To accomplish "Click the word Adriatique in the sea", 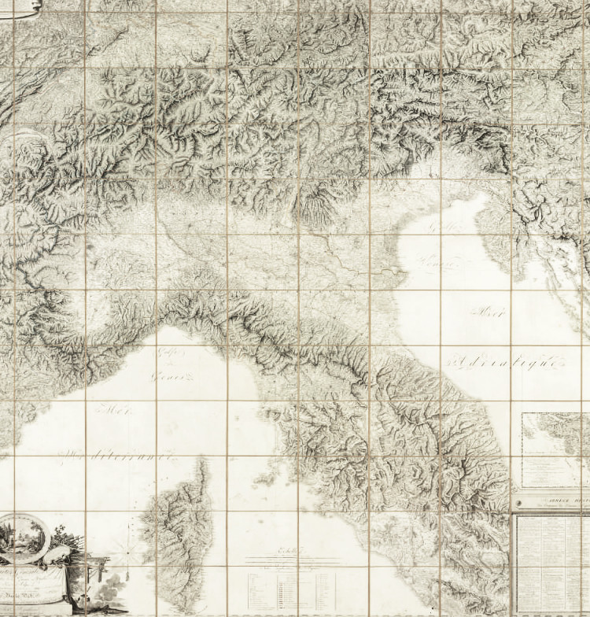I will coord(503,363).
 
